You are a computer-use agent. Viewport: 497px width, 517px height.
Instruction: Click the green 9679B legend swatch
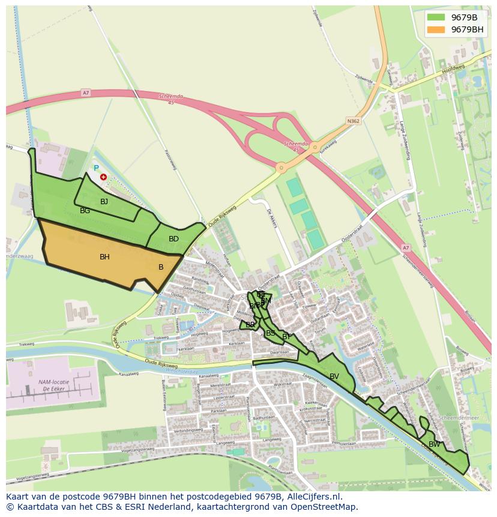pyautogui.click(x=436, y=17)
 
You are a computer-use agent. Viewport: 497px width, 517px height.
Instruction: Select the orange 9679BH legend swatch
pyautogui.click(x=436, y=29)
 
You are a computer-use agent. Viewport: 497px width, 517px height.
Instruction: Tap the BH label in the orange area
pyautogui.click(x=104, y=257)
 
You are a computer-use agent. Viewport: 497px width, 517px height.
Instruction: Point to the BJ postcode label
pyautogui.click(x=104, y=202)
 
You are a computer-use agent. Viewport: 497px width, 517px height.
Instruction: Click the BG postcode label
pyautogui.click(x=85, y=211)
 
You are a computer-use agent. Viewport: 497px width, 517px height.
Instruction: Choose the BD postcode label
pyautogui.click(x=173, y=239)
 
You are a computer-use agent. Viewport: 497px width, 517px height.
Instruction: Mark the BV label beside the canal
pyautogui.click(x=334, y=376)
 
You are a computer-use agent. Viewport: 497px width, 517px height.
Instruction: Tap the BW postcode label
pyautogui.click(x=434, y=444)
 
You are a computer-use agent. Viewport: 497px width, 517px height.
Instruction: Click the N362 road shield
pyautogui.click(x=354, y=121)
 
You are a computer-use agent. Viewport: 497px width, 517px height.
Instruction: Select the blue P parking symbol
pyautogui.click(x=95, y=169)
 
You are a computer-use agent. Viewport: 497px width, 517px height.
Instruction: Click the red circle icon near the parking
pyautogui.click(x=103, y=177)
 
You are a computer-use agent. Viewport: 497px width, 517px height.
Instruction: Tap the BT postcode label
pyautogui.click(x=287, y=337)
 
